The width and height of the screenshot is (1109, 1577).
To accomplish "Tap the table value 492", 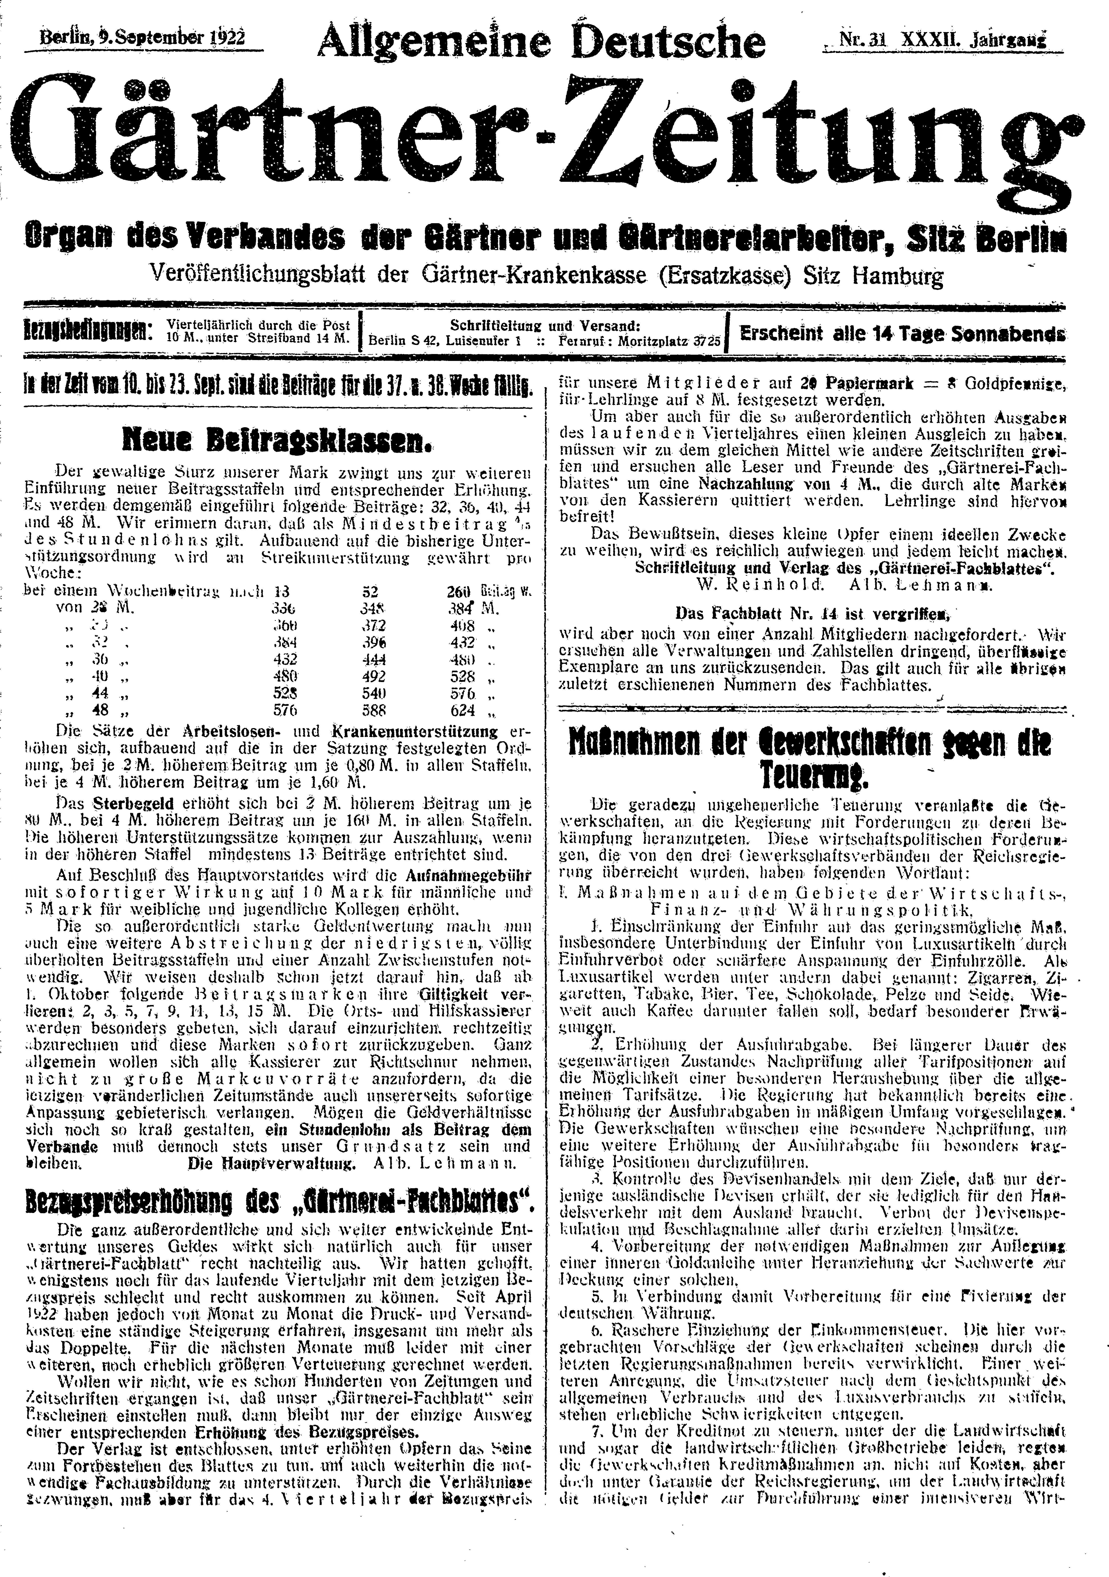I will coord(374,675).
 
